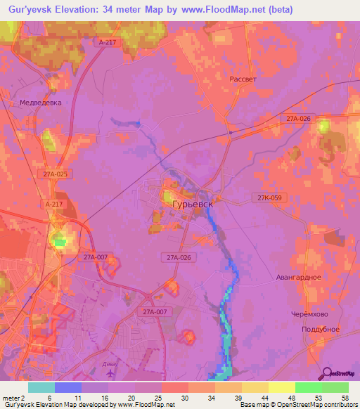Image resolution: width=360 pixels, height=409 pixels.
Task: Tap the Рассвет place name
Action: point(243,79)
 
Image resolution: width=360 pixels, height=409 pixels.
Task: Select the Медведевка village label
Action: point(40,102)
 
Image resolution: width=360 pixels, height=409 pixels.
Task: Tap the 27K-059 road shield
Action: point(269,198)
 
